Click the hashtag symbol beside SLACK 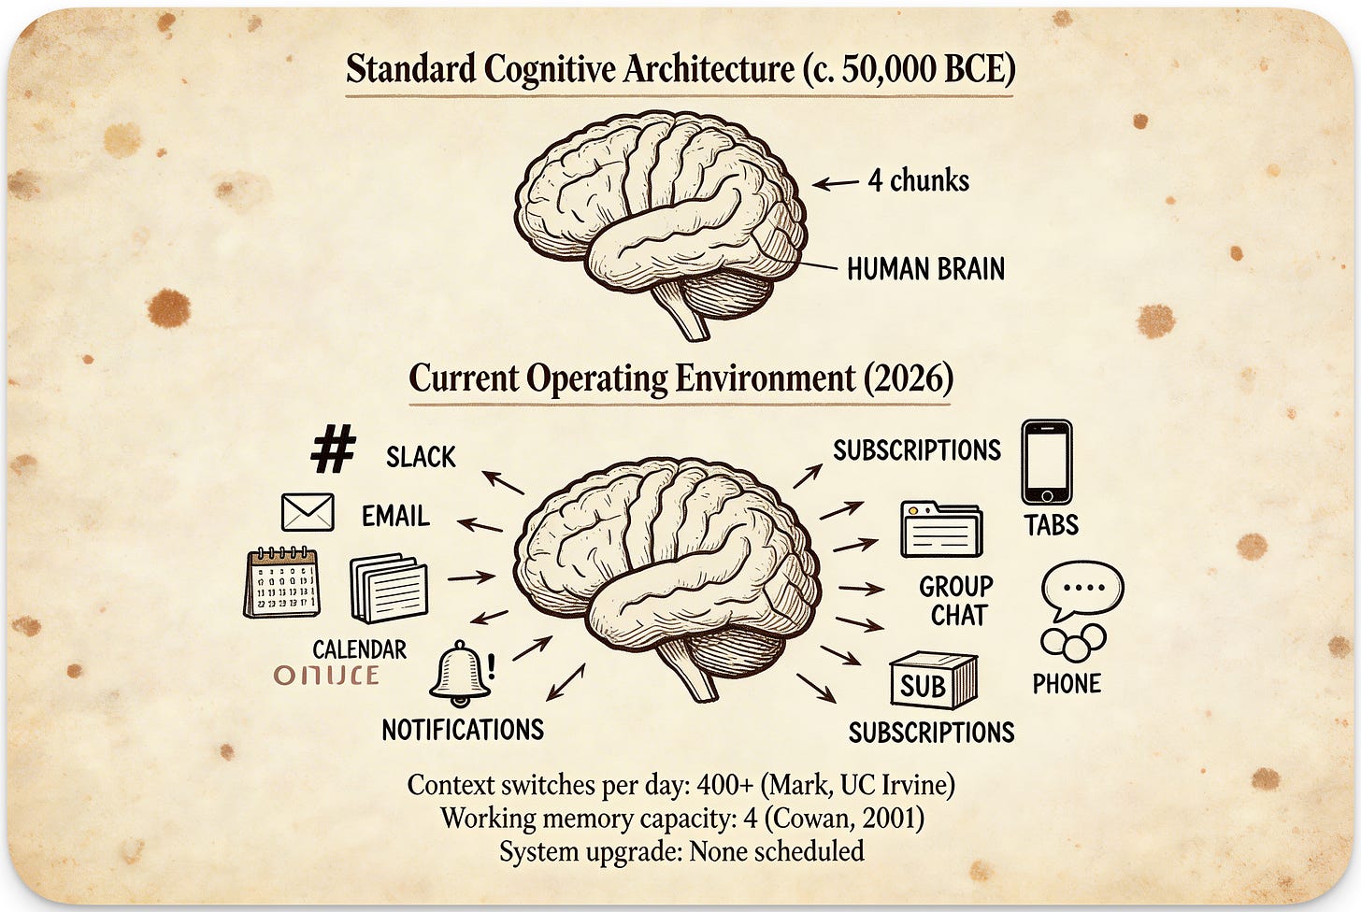pos(333,449)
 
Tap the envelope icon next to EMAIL pos(308,513)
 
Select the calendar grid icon pos(282,583)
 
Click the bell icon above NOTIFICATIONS pos(460,673)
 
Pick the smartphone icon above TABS pos(1046,463)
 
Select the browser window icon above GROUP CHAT pos(941,530)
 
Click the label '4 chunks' pos(918,180)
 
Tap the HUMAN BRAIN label pos(925,269)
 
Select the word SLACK pos(421,457)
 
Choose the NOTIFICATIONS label pos(463,730)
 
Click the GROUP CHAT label pos(955,601)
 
